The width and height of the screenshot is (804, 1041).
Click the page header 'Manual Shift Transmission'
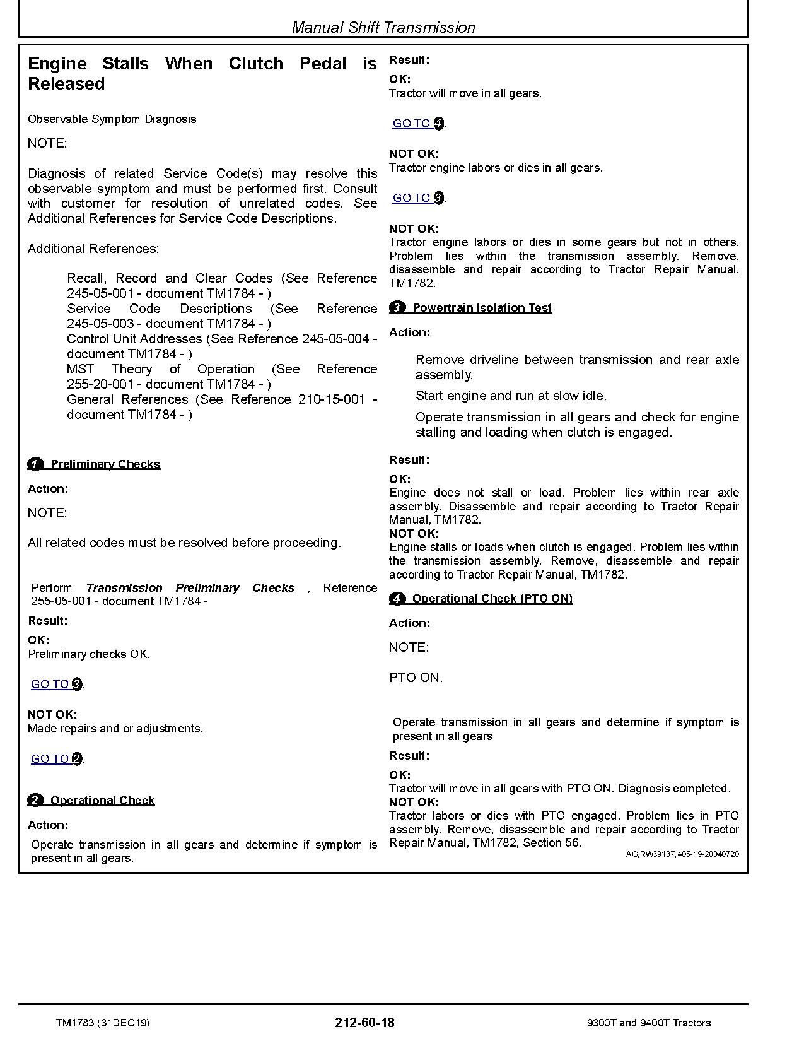point(383,28)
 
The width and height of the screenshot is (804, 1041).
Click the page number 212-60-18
point(365,1023)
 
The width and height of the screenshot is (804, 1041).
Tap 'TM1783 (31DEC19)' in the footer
point(103,1023)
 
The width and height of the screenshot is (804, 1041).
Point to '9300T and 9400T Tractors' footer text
point(648,1023)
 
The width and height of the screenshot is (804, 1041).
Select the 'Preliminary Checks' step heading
point(105,464)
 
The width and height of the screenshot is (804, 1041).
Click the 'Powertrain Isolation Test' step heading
point(482,308)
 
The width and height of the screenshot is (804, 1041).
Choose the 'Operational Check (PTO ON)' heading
point(492,599)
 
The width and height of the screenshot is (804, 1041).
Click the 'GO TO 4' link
point(418,124)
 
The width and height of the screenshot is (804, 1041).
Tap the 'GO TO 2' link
point(56,759)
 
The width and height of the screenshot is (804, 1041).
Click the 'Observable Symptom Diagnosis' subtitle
point(112,119)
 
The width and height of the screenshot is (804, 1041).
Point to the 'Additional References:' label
point(93,249)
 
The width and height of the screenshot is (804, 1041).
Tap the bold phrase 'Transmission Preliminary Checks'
point(190,588)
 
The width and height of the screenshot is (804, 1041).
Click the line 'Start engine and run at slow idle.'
point(511,396)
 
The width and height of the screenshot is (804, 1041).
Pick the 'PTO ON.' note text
point(416,678)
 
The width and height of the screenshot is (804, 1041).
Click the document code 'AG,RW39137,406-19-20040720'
point(682,854)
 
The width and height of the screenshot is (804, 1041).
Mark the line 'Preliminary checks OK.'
point(89,654)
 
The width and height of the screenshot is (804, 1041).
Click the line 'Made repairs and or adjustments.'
point(115,729)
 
